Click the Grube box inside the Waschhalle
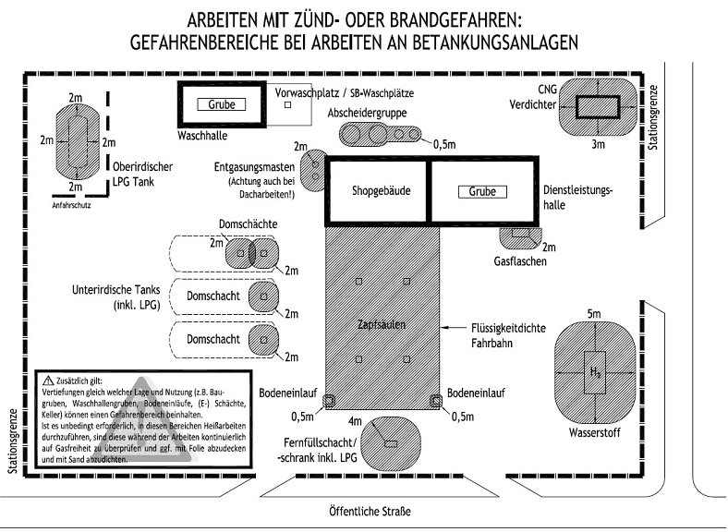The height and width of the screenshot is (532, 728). pos(222,105)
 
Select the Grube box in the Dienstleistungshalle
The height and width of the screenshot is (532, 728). pos(482,192)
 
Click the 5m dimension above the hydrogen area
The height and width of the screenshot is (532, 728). pos(594,314)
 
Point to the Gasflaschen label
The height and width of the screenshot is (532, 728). pos(522,261)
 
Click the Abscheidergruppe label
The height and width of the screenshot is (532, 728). pos(368,112)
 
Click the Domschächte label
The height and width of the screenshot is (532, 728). pos(249,224)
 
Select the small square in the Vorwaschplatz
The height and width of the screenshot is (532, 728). pos(288,105)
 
